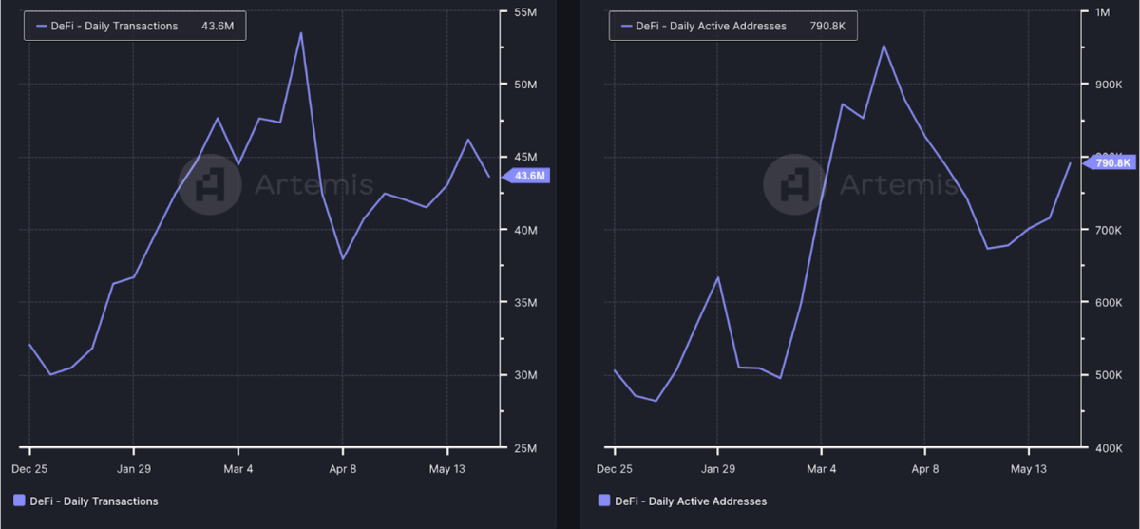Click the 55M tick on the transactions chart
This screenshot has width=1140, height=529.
pyautogui.click(x=524, y=12)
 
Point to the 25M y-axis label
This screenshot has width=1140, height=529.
pyautogui.click(x=524, y=447)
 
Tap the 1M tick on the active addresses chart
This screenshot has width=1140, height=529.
pyautogui.click(x=1102, y=12)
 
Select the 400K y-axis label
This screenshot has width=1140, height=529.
pyautogui.click(x=1105, y=447)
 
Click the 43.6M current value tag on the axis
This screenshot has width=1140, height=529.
pyautogui.click(x=529, y=176)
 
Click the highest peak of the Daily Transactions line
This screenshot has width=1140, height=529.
pyautogui.click(x=301, y=33)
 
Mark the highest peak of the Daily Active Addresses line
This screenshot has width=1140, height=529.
pyautogui.click(x=883, y=46)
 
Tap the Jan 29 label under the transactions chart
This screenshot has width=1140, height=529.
pyautogui.click(x=132, y=469)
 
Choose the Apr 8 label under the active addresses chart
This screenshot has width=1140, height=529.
pyautogui.click(x=924, y=469)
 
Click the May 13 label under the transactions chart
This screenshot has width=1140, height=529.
pyautogui.click(x=446, y=469)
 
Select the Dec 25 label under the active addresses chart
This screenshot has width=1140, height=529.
pyautogui.click(x=614, y=469)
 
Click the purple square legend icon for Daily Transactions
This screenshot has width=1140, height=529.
pyautogui.click(x=19, y=501)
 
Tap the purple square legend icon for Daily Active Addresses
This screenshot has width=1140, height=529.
pyautogui.click(x=604, y=501)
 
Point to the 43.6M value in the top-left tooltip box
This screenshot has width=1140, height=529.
pyautogui.click(x=217, y=27)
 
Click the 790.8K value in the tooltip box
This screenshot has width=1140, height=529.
pyautogui.click(x=822, y=27)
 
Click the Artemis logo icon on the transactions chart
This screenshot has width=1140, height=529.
pyautogui.click(x=209, y=183)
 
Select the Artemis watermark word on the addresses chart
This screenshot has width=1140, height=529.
pyautogui.click(x=898, y=183)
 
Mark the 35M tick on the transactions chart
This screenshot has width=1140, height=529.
pyautogui.click(x=524, y=303)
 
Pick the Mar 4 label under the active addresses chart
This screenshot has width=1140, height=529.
pyautogui.click(x=821, y=469)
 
